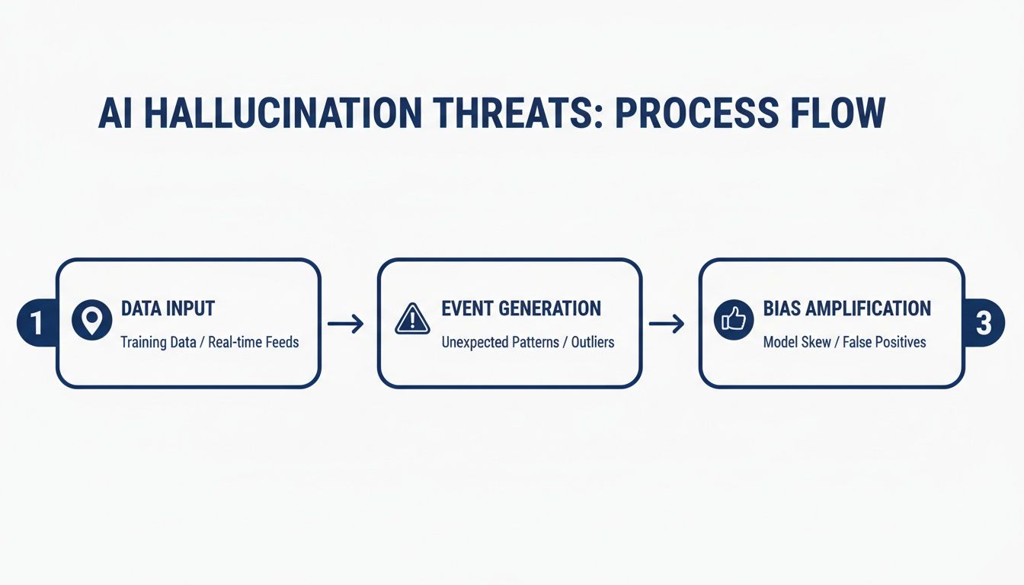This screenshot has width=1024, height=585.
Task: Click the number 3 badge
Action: [984, 323]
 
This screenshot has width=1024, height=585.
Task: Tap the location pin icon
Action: [92, 321]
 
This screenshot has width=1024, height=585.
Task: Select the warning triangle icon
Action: [413, 319]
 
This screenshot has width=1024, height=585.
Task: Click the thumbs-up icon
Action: [734, 320]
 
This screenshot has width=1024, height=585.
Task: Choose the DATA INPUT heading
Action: [168, 308]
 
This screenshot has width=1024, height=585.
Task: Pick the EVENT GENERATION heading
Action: [521, 308]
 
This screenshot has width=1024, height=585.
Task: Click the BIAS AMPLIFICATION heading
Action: [846, 308]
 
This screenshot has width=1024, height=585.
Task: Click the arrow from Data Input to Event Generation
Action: [345, 324]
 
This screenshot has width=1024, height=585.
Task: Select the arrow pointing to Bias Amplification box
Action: [666, 324]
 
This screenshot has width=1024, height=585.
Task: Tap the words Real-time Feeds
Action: [254, 342]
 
